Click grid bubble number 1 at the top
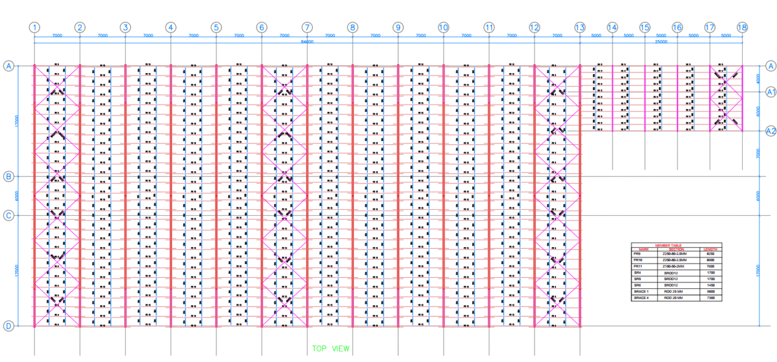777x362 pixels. tap(35, 27)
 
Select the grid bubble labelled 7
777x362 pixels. tap(307, 27)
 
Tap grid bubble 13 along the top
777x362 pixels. tap(580, 27)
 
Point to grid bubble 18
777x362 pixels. tap(742, 27)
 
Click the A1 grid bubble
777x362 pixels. tap(771, 92)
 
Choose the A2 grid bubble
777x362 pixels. tap(771, 131)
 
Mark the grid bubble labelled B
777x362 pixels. tap(9, 176)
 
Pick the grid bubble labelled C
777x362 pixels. tap(9, 215)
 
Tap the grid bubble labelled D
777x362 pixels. tap(9, 326)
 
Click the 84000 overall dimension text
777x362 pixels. tap(307, 41)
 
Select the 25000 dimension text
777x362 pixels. tap(661, 41)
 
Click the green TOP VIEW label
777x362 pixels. tap(330, 348)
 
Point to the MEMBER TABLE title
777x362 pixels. tap(676, 245)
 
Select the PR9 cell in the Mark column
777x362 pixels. tap(637, 254)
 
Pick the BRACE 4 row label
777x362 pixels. tap(640, 298)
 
